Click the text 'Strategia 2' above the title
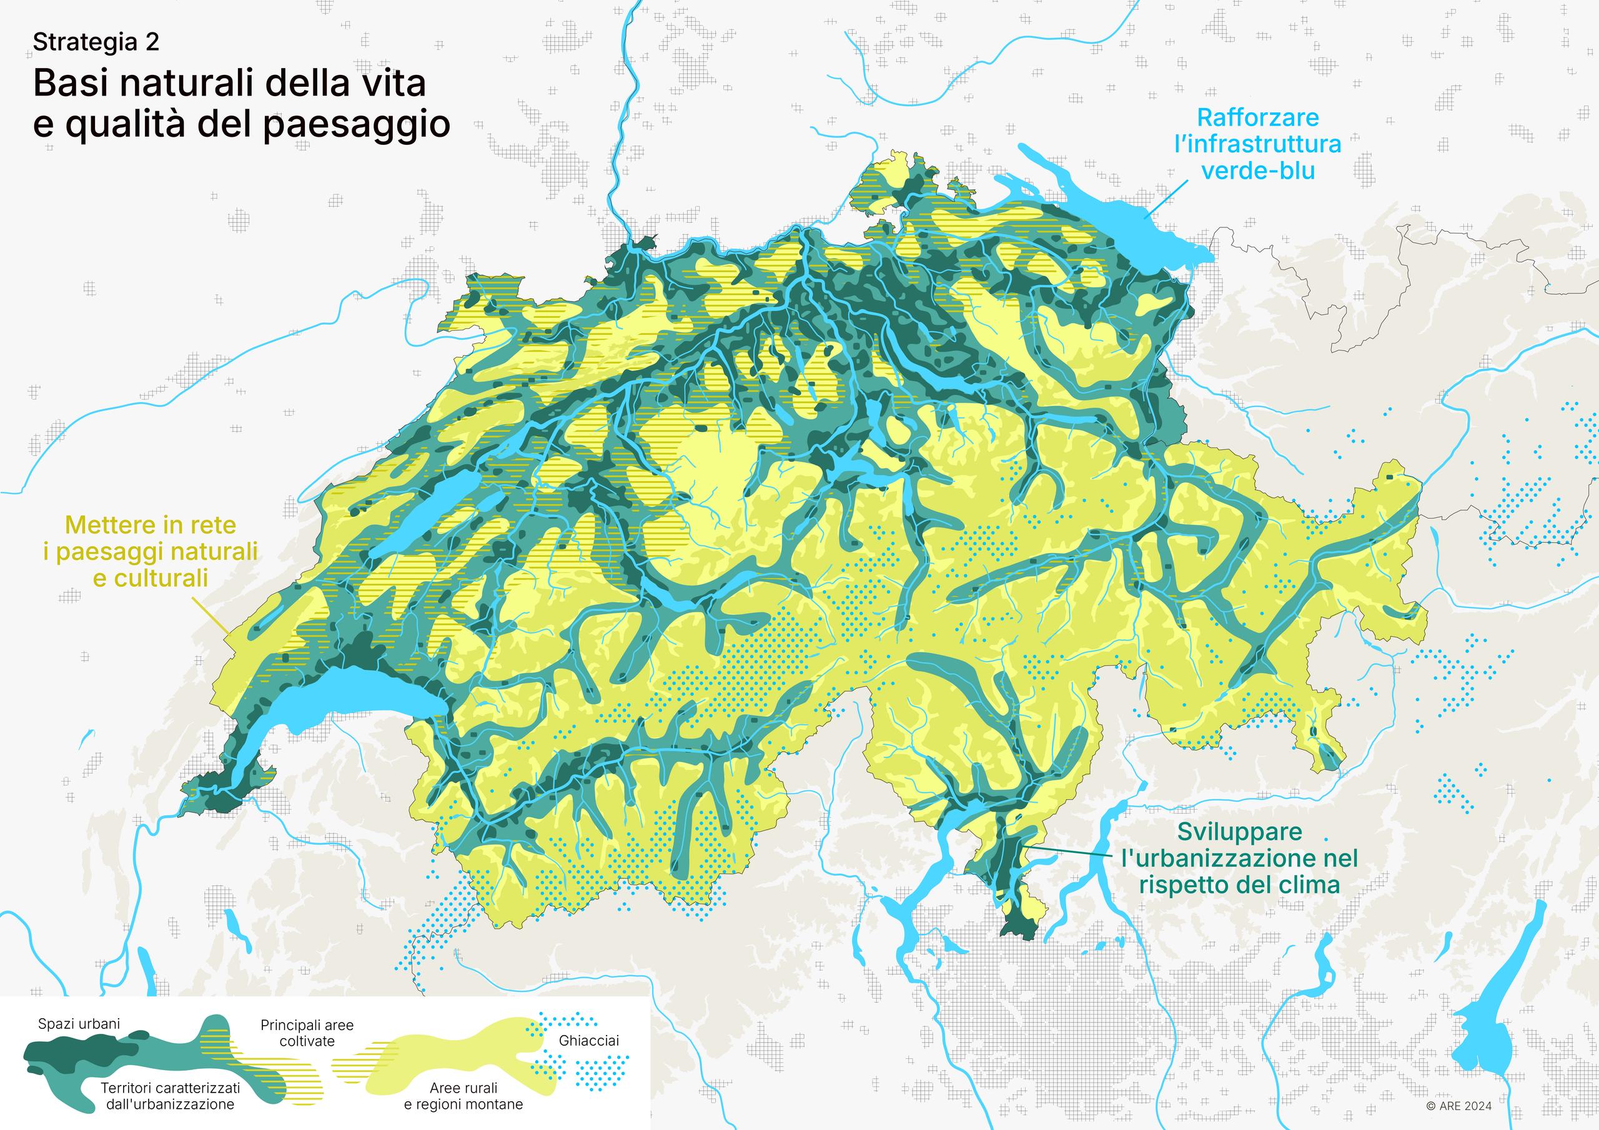tap(96, 42)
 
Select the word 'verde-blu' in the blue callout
tap(1258, 170)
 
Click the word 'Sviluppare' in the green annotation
tap(1239, 832)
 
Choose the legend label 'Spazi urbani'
tap(79, 1024)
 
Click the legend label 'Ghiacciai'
tap(588, 1041)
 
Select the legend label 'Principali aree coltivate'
tap(307, 1033)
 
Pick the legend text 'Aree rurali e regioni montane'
tap(463, 1096)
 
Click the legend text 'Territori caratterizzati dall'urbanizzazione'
tap(170, 1096)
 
